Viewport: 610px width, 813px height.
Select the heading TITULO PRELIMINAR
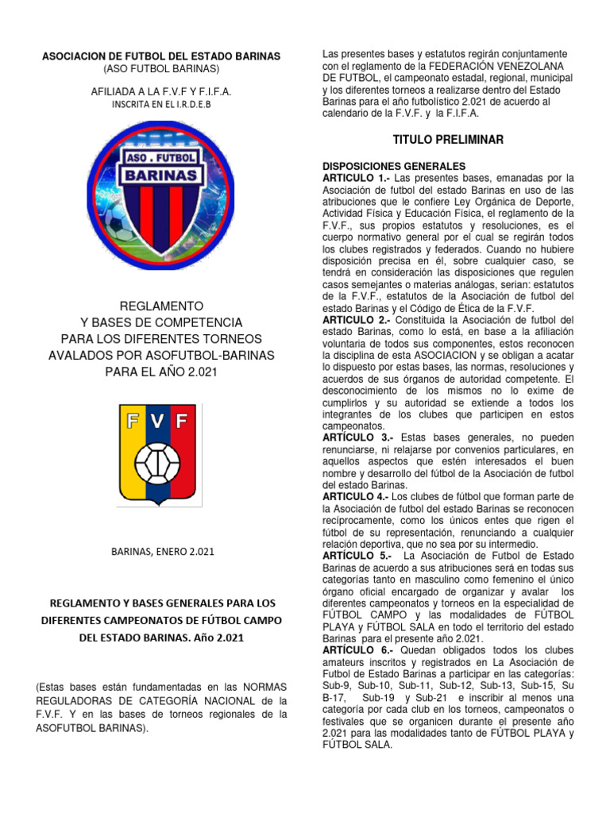[x=448, y=141]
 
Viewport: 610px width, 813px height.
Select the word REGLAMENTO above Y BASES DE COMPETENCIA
[x=160, y=306]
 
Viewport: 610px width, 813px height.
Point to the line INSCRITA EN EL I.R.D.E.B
[x=160, y=104]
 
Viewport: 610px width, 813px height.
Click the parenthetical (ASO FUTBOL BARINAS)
[x=160, y=70]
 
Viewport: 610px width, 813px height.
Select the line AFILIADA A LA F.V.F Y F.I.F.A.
[x=160, y=91]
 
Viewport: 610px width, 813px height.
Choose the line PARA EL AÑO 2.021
[x=160, y=372]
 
